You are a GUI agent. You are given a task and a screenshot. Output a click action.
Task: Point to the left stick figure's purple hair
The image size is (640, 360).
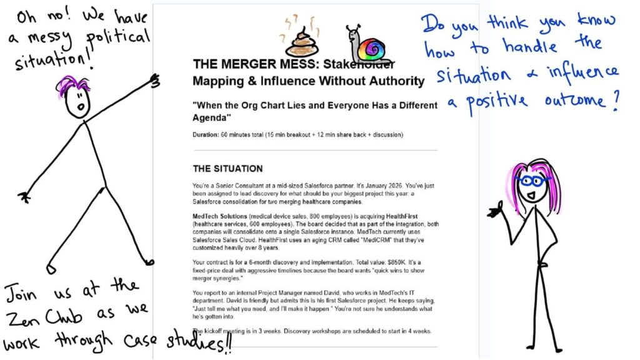(74, 86)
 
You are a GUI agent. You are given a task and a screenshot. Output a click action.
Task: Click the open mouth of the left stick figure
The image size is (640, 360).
(80, 107)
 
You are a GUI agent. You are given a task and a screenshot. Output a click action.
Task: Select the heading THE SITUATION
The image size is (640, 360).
(227, 169)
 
